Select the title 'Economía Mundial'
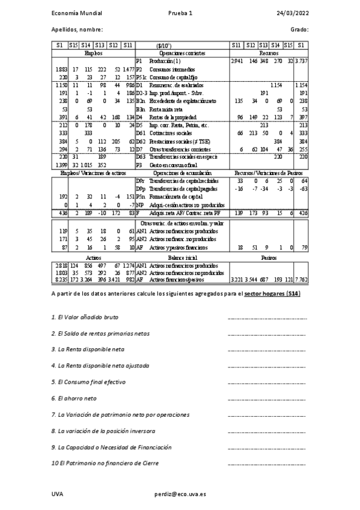pyautogui.click(x=77, y=13)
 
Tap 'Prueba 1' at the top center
pyautogui.click(x=181, y=13)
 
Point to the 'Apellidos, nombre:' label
pyautogui.click(x=77, y=29)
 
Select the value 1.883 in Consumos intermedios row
pyautogui.click(x=60, y=70)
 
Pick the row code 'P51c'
pyautogui.click(x=141, y=78)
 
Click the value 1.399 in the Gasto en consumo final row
pyautogui.click(x=60, y=164)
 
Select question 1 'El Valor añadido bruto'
pyautogui.click(x=85, y=316)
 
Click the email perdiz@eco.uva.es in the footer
pyautogui.click(x=180, y=493)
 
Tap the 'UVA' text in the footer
pyautogui.click(x=57, y=493)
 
